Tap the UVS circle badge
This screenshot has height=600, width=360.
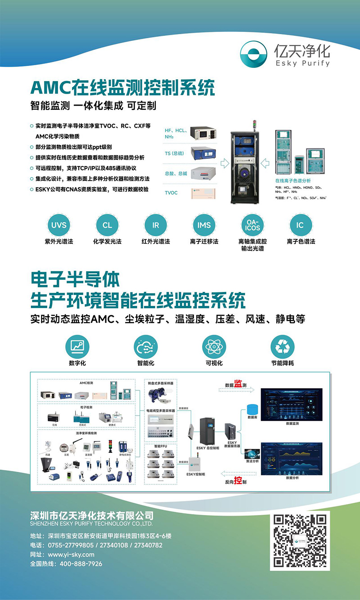coord(58,225)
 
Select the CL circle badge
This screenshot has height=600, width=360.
coord(107,225)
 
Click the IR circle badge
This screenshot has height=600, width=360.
coord(156,225)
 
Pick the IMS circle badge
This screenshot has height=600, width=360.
coord(204,225)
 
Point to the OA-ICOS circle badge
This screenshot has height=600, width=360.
coord(252,225)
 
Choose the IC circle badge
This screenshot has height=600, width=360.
coord(300,225)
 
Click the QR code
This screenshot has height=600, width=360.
coord(300,541)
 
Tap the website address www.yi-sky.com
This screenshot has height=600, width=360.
coord(71,554)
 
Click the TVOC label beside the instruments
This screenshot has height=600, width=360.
coord(171,193)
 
